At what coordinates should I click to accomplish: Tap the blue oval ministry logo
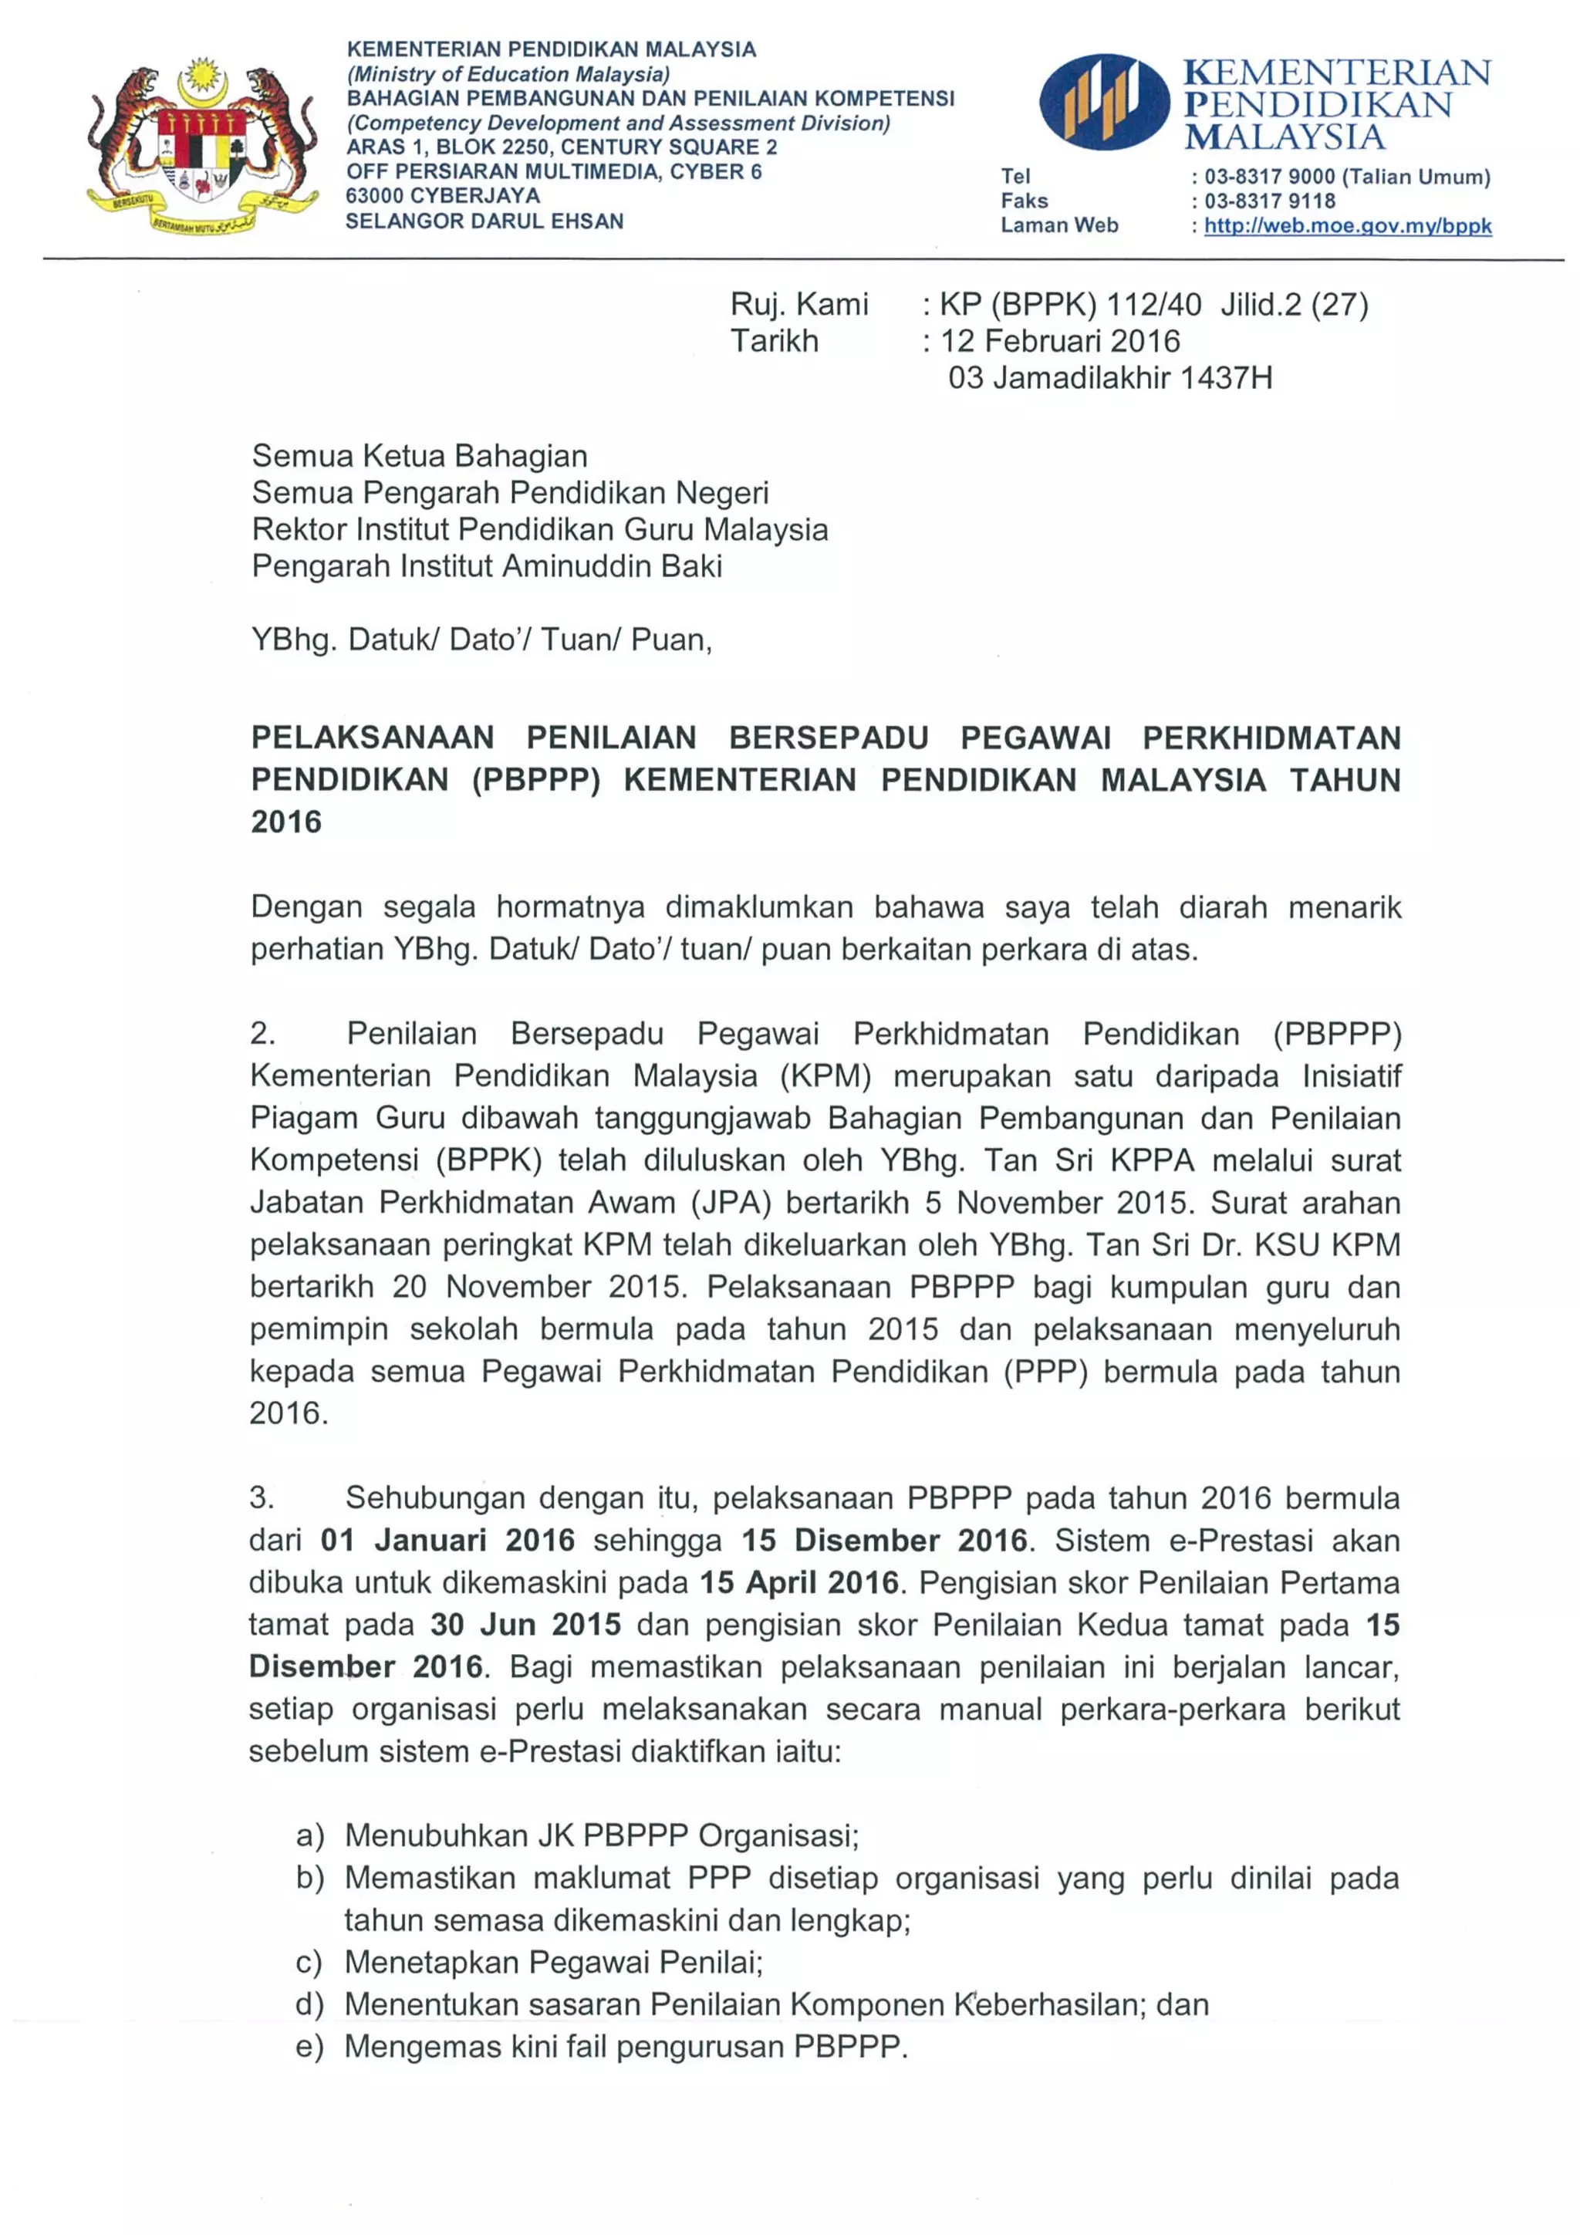1104,101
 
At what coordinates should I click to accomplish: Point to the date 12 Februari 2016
1060,342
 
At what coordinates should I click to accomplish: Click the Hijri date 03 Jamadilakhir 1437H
1110,378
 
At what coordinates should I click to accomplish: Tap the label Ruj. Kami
799,305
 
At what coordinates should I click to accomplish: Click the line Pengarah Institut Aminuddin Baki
487,566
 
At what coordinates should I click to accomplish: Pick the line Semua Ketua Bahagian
420,456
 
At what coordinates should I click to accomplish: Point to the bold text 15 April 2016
799,1582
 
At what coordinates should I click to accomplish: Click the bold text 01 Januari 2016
447,1540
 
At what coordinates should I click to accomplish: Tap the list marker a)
309,1836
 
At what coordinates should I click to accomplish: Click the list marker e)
309,2046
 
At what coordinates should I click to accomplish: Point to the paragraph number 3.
262,1497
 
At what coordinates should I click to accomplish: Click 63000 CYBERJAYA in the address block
443,196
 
